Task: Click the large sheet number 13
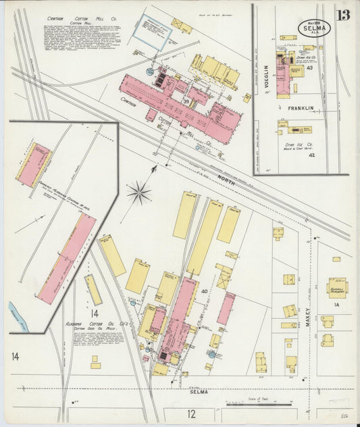click(x=343, y=16)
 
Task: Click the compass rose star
click(x=138, y=193)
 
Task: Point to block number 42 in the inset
click(x=311, y=155)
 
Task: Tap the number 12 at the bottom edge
click(x=191, y=413)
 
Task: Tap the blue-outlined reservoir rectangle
click(x=151, y=31)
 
